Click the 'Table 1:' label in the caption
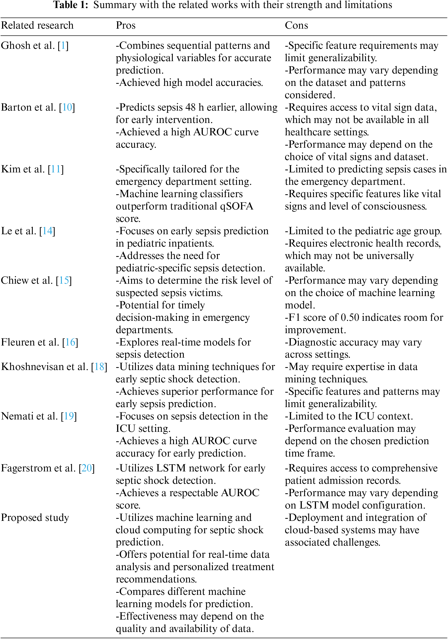tap(71, 5)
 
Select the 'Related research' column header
tap(37, 25)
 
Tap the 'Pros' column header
tap(126, 25)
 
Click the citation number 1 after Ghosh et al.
tap(63, 45)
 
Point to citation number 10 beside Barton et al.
tap(67, 107)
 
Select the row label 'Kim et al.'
tap(23, 169)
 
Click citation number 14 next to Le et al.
tap(47, 231)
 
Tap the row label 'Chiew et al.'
tap(27, 280)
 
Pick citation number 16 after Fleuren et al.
tap(70, 342)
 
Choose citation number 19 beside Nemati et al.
tap(69, 416)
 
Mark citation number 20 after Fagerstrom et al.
tap(87, 468)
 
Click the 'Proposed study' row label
tap(35, 518)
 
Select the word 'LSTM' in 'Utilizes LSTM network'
tap(171, 468)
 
